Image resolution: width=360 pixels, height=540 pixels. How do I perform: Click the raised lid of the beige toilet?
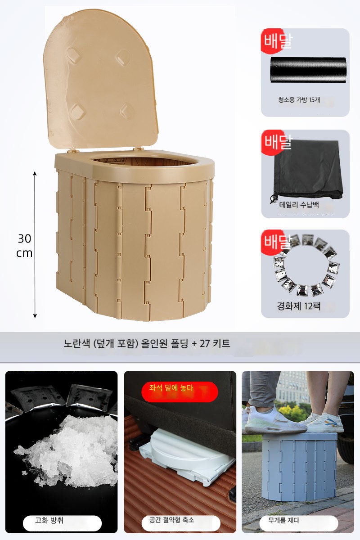[100, 80]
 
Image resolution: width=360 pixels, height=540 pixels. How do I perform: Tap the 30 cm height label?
[24, 246]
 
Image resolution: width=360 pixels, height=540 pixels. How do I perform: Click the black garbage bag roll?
[308, 70]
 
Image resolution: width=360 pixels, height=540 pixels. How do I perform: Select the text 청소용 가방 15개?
[299, 99]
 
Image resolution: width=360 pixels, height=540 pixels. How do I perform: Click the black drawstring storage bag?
[307, 171]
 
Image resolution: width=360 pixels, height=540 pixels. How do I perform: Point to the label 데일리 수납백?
[299, 205]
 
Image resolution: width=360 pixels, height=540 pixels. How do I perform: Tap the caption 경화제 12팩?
[298, 306]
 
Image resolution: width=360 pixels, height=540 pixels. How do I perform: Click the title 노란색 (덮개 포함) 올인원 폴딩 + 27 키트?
[147, 343]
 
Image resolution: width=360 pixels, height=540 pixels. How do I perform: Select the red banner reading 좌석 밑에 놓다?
[180, 392]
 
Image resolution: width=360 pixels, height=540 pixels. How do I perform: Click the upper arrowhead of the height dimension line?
[35, 174]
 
